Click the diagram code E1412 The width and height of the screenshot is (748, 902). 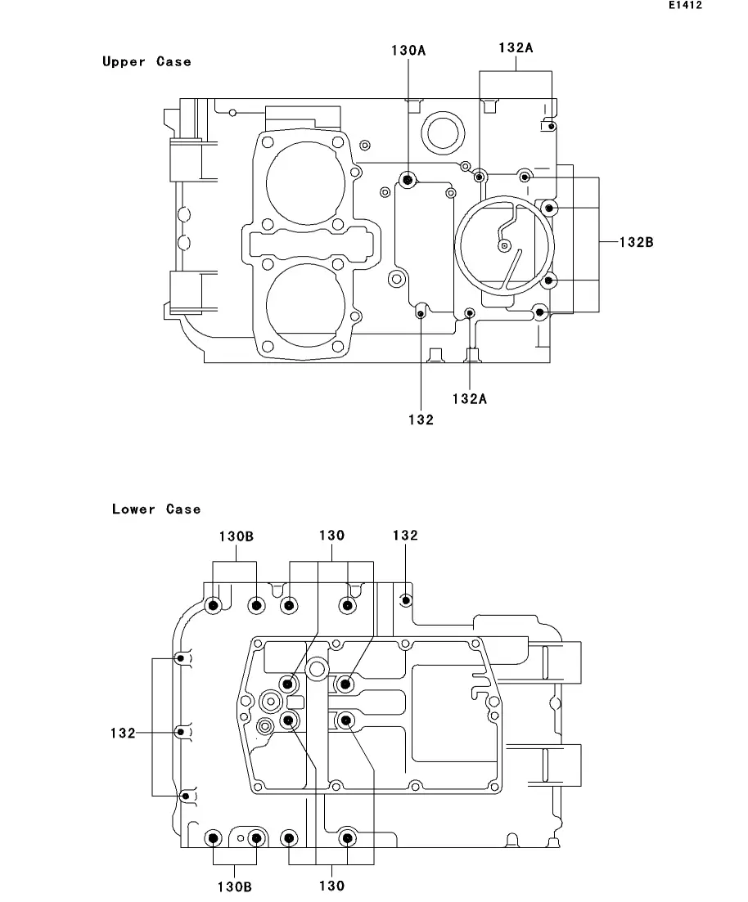coord(685,5)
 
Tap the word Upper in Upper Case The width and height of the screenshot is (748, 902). coord(124,61)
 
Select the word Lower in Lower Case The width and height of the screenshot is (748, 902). coord(133,509)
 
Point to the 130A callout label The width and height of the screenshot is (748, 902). coord(408,51)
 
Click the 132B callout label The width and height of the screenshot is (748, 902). coord(636,242)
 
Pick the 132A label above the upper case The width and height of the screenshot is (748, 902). coord(516,47)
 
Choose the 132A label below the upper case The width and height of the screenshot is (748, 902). coord(469,398)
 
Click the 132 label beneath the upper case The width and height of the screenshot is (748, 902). coord(421,420)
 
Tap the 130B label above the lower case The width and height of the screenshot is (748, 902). coord(236,536)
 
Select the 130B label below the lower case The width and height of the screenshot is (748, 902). coord(234,887)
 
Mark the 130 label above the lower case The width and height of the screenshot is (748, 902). coord(331,536)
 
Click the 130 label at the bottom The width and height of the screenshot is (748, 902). coord(331,886)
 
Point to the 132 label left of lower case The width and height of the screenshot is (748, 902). coord(123,733)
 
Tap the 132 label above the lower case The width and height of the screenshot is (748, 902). coord(405,536)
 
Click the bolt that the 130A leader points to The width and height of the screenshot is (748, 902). coord(408,181)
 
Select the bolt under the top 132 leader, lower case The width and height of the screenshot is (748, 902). coord(406,600)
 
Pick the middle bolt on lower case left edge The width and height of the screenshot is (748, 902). coord(182,732)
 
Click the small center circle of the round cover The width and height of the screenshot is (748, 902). coord(504,246)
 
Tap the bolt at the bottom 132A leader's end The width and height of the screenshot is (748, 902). coord(470,313)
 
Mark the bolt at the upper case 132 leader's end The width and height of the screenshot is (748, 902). coord(421,313)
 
